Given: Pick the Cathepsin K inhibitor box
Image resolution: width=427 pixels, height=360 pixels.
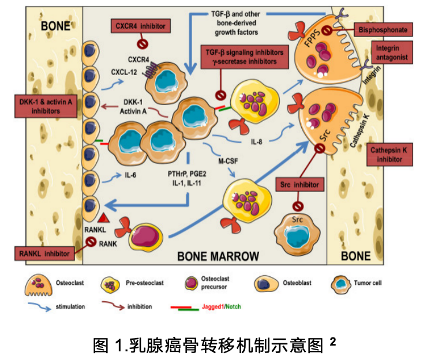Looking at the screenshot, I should coord(390,155).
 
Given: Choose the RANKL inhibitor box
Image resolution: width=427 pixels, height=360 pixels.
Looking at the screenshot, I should coord(44,253).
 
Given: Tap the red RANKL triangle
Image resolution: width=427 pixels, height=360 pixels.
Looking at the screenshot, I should coord(105,217).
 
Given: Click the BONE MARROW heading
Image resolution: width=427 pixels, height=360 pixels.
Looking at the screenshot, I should coord(218,255).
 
